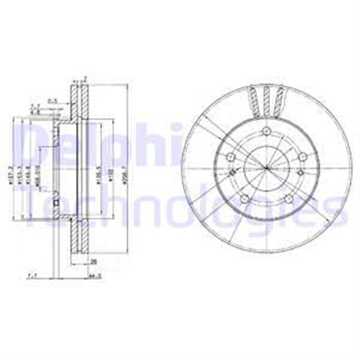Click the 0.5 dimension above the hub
(x=54, y=101)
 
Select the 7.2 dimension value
(x=34, y=106)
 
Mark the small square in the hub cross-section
(x=56, y=203)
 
